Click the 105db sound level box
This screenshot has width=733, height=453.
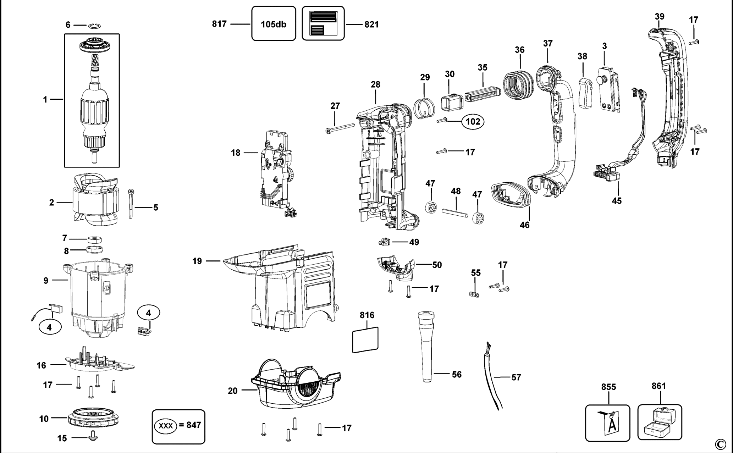point(274,24)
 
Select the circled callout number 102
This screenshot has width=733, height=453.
point(473,122)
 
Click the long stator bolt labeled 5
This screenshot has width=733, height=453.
point(131,204)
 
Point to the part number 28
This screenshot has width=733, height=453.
point(375,84)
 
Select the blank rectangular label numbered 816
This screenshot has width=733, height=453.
point(365,340)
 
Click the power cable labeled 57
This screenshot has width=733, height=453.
point(491,380)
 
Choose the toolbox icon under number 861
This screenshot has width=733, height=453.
point(660,423)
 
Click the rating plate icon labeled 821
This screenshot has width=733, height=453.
point(323,23)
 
